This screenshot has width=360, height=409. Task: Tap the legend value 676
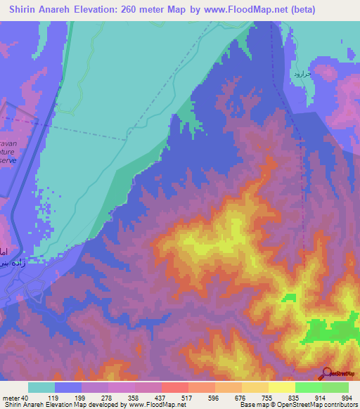240,398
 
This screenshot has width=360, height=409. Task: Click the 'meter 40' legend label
15,398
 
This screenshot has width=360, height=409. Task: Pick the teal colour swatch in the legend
41,387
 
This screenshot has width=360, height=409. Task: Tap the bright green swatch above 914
308,387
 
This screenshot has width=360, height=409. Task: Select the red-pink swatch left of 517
174,387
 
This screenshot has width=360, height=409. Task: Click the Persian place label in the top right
300,73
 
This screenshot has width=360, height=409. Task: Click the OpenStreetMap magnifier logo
326,373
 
